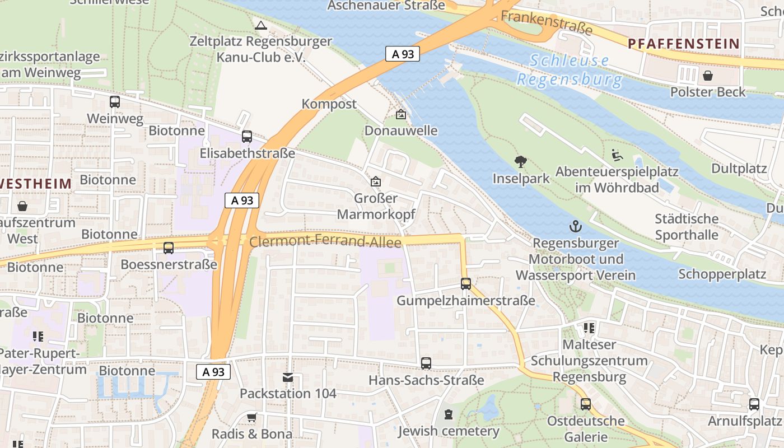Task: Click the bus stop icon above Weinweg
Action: tap(115, 102)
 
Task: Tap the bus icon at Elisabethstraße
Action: tap(246, 137)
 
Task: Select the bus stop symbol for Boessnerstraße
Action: tap(168, 248)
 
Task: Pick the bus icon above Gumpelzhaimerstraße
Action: tap(465, 284)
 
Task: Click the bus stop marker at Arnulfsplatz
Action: tap(754, 404)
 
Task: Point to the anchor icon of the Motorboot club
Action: tap(575, 227)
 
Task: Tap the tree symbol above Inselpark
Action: tap(521, 162)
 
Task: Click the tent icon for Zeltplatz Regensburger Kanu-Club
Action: tap(260, 25)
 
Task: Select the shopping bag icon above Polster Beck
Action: tap(708, 75)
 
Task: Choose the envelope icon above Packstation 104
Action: tap(288, 377)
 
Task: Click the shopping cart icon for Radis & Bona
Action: tap(252, 418)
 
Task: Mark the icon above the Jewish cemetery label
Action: tap(448, 415)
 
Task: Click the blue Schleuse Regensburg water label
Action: tap(570, 69)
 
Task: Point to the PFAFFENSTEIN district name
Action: tap(684, 44)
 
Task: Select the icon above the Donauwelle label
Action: tap(400, 115)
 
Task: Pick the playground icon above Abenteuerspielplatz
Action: tap(617, 155)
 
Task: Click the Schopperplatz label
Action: tap(722, 274)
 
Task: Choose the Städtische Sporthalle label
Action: tap(687, 226)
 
